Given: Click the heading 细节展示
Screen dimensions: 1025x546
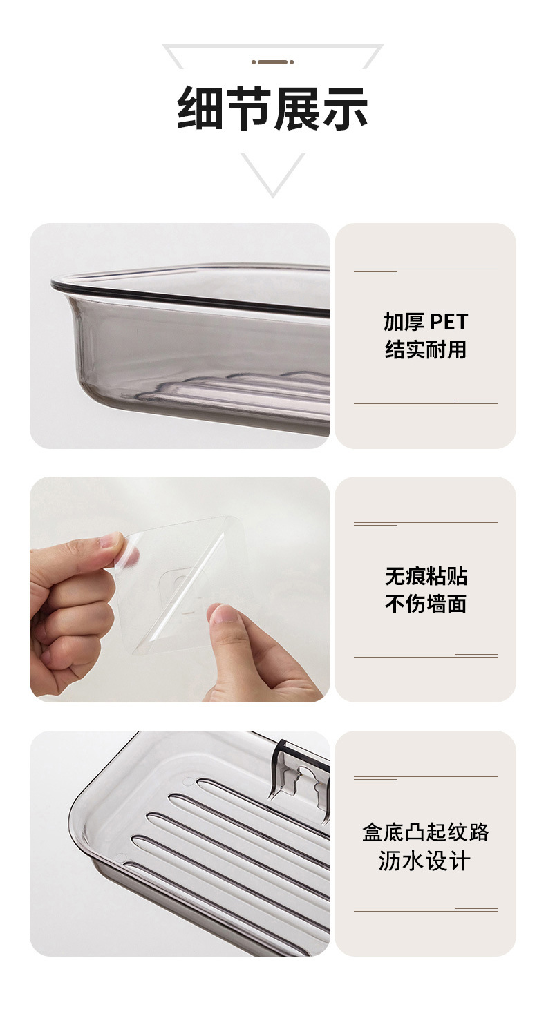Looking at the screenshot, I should coord(273,108).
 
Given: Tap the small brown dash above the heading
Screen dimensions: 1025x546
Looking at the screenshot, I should coord(272,62).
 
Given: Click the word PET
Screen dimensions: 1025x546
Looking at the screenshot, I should coord(449,322).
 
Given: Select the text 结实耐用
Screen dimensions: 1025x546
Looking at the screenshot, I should coord(426,349).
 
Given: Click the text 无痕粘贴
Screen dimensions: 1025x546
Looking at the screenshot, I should coord(426,576).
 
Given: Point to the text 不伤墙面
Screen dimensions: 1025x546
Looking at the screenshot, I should coord(426,604).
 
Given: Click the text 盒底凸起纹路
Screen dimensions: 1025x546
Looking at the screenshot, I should coord(426,832).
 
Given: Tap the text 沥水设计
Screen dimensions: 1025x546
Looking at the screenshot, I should coord(426,861).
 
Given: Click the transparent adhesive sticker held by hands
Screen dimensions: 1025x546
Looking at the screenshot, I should coord(183,587).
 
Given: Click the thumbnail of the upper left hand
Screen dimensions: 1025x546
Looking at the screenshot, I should coord(111,541).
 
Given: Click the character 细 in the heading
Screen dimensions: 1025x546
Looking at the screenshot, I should coord(200,108).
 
